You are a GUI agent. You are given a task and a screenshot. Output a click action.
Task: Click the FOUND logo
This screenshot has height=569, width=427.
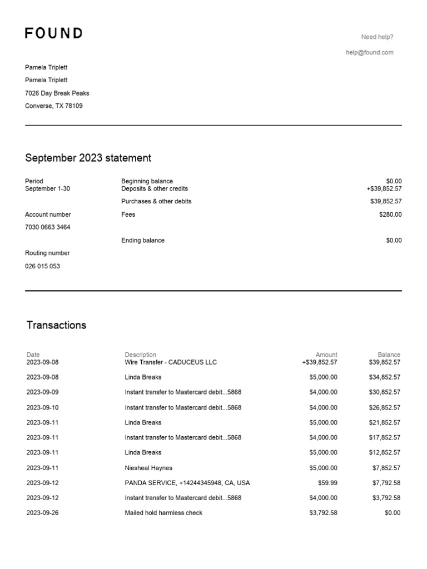(x=54, y=33)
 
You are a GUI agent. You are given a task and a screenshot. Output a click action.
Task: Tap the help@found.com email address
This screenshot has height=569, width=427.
(x=369, y=53)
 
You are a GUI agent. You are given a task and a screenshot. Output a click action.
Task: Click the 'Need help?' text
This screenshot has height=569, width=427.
(x=377, y=37)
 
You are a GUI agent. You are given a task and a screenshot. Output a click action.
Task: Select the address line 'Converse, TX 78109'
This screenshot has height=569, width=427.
(x=54, y=106)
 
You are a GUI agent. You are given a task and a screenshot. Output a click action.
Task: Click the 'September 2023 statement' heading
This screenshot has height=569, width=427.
(x=88, y=158)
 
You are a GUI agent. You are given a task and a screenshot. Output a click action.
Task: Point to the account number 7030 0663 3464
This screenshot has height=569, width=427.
(x=48, y=227)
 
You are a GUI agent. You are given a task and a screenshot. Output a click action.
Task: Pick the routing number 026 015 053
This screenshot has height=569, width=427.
(x=43, y=266)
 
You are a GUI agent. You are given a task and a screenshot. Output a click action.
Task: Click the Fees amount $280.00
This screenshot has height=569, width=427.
(x=390, y=214)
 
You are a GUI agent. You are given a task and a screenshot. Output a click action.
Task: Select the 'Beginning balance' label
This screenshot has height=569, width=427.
(x=147, y=181)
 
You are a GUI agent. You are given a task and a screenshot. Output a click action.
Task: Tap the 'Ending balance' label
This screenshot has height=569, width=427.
(x=143, y=241)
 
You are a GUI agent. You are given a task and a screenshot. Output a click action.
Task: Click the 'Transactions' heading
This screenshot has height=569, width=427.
(x=56, y=325)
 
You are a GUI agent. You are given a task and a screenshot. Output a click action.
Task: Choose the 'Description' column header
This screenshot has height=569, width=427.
(x=141, y=355)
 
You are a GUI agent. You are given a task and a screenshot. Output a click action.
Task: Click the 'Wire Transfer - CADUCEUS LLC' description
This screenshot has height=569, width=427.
(x=171, y=362)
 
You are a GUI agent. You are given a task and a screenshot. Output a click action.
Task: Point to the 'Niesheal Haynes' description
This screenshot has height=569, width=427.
(x=148, y=468)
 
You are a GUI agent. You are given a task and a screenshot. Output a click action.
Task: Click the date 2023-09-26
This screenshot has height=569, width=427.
(x=42, y=513)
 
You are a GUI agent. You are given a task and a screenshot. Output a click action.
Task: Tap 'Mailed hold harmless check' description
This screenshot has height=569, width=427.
(x=163, y=513)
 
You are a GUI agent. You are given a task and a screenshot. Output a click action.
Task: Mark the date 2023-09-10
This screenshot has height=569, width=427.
(x=42, y=407)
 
